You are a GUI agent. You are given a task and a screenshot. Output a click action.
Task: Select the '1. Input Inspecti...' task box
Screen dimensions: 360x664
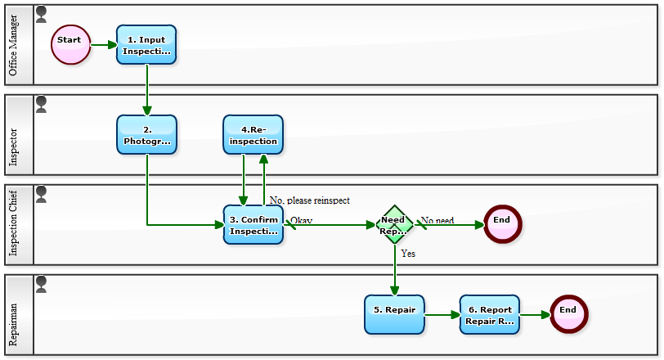pos(146,44)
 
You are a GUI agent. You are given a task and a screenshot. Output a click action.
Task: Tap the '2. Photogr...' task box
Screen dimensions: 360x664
pos(146,134)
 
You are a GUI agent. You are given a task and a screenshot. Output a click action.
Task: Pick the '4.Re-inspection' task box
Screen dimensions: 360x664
pos(253,134)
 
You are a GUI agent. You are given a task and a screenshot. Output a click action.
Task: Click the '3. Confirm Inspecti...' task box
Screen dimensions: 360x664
pos(253,225)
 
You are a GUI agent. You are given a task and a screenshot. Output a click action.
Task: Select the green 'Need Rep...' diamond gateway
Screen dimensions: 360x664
pos(394,224)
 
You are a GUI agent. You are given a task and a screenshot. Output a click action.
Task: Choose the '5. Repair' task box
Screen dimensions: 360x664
pos(394,314)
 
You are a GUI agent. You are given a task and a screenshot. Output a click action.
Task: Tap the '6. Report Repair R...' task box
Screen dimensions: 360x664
pos(490,314)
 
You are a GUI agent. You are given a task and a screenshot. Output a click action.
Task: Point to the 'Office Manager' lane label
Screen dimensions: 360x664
pos(13,45)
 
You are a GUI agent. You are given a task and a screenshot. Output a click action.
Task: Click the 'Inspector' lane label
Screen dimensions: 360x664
pos(13,147)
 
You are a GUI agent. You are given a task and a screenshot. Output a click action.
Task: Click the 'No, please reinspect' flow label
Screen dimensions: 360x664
pos(309,200)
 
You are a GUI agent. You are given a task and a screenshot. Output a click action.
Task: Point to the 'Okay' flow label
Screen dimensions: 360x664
pos(302,221)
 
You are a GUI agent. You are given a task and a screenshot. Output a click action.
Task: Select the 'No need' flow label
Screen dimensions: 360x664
pos(437,221)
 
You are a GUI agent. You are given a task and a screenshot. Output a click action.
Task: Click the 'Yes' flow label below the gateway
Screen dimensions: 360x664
pos(408,254)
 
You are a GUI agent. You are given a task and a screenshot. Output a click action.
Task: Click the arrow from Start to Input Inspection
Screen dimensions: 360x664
pos(104,44)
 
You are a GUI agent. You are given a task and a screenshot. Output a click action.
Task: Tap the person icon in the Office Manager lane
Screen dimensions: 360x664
pos(42,14)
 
